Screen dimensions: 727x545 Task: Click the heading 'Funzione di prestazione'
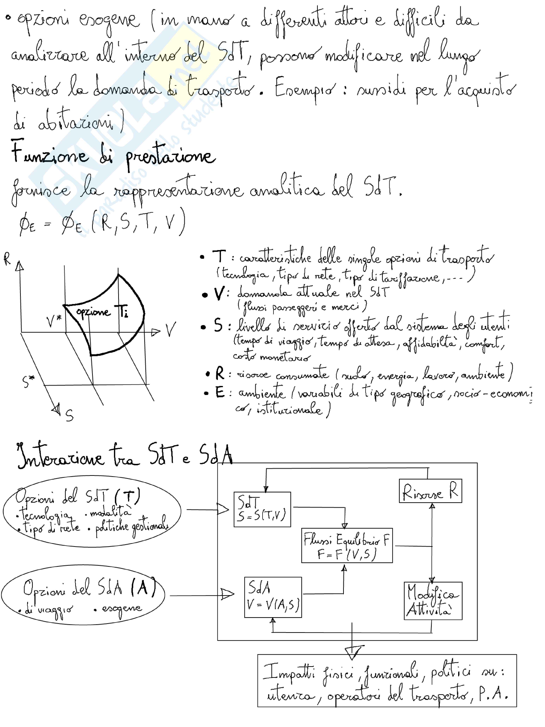(x=113, y=155)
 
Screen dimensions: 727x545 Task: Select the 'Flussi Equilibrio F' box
(x=347, y=546)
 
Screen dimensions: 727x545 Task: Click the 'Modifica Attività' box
(x=433, y=601)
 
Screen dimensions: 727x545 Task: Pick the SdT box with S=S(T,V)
(x=262, y=509)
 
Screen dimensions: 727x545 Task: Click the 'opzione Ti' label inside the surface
(x=102, y=312)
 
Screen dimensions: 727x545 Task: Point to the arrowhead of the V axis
(x=156, y=332)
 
